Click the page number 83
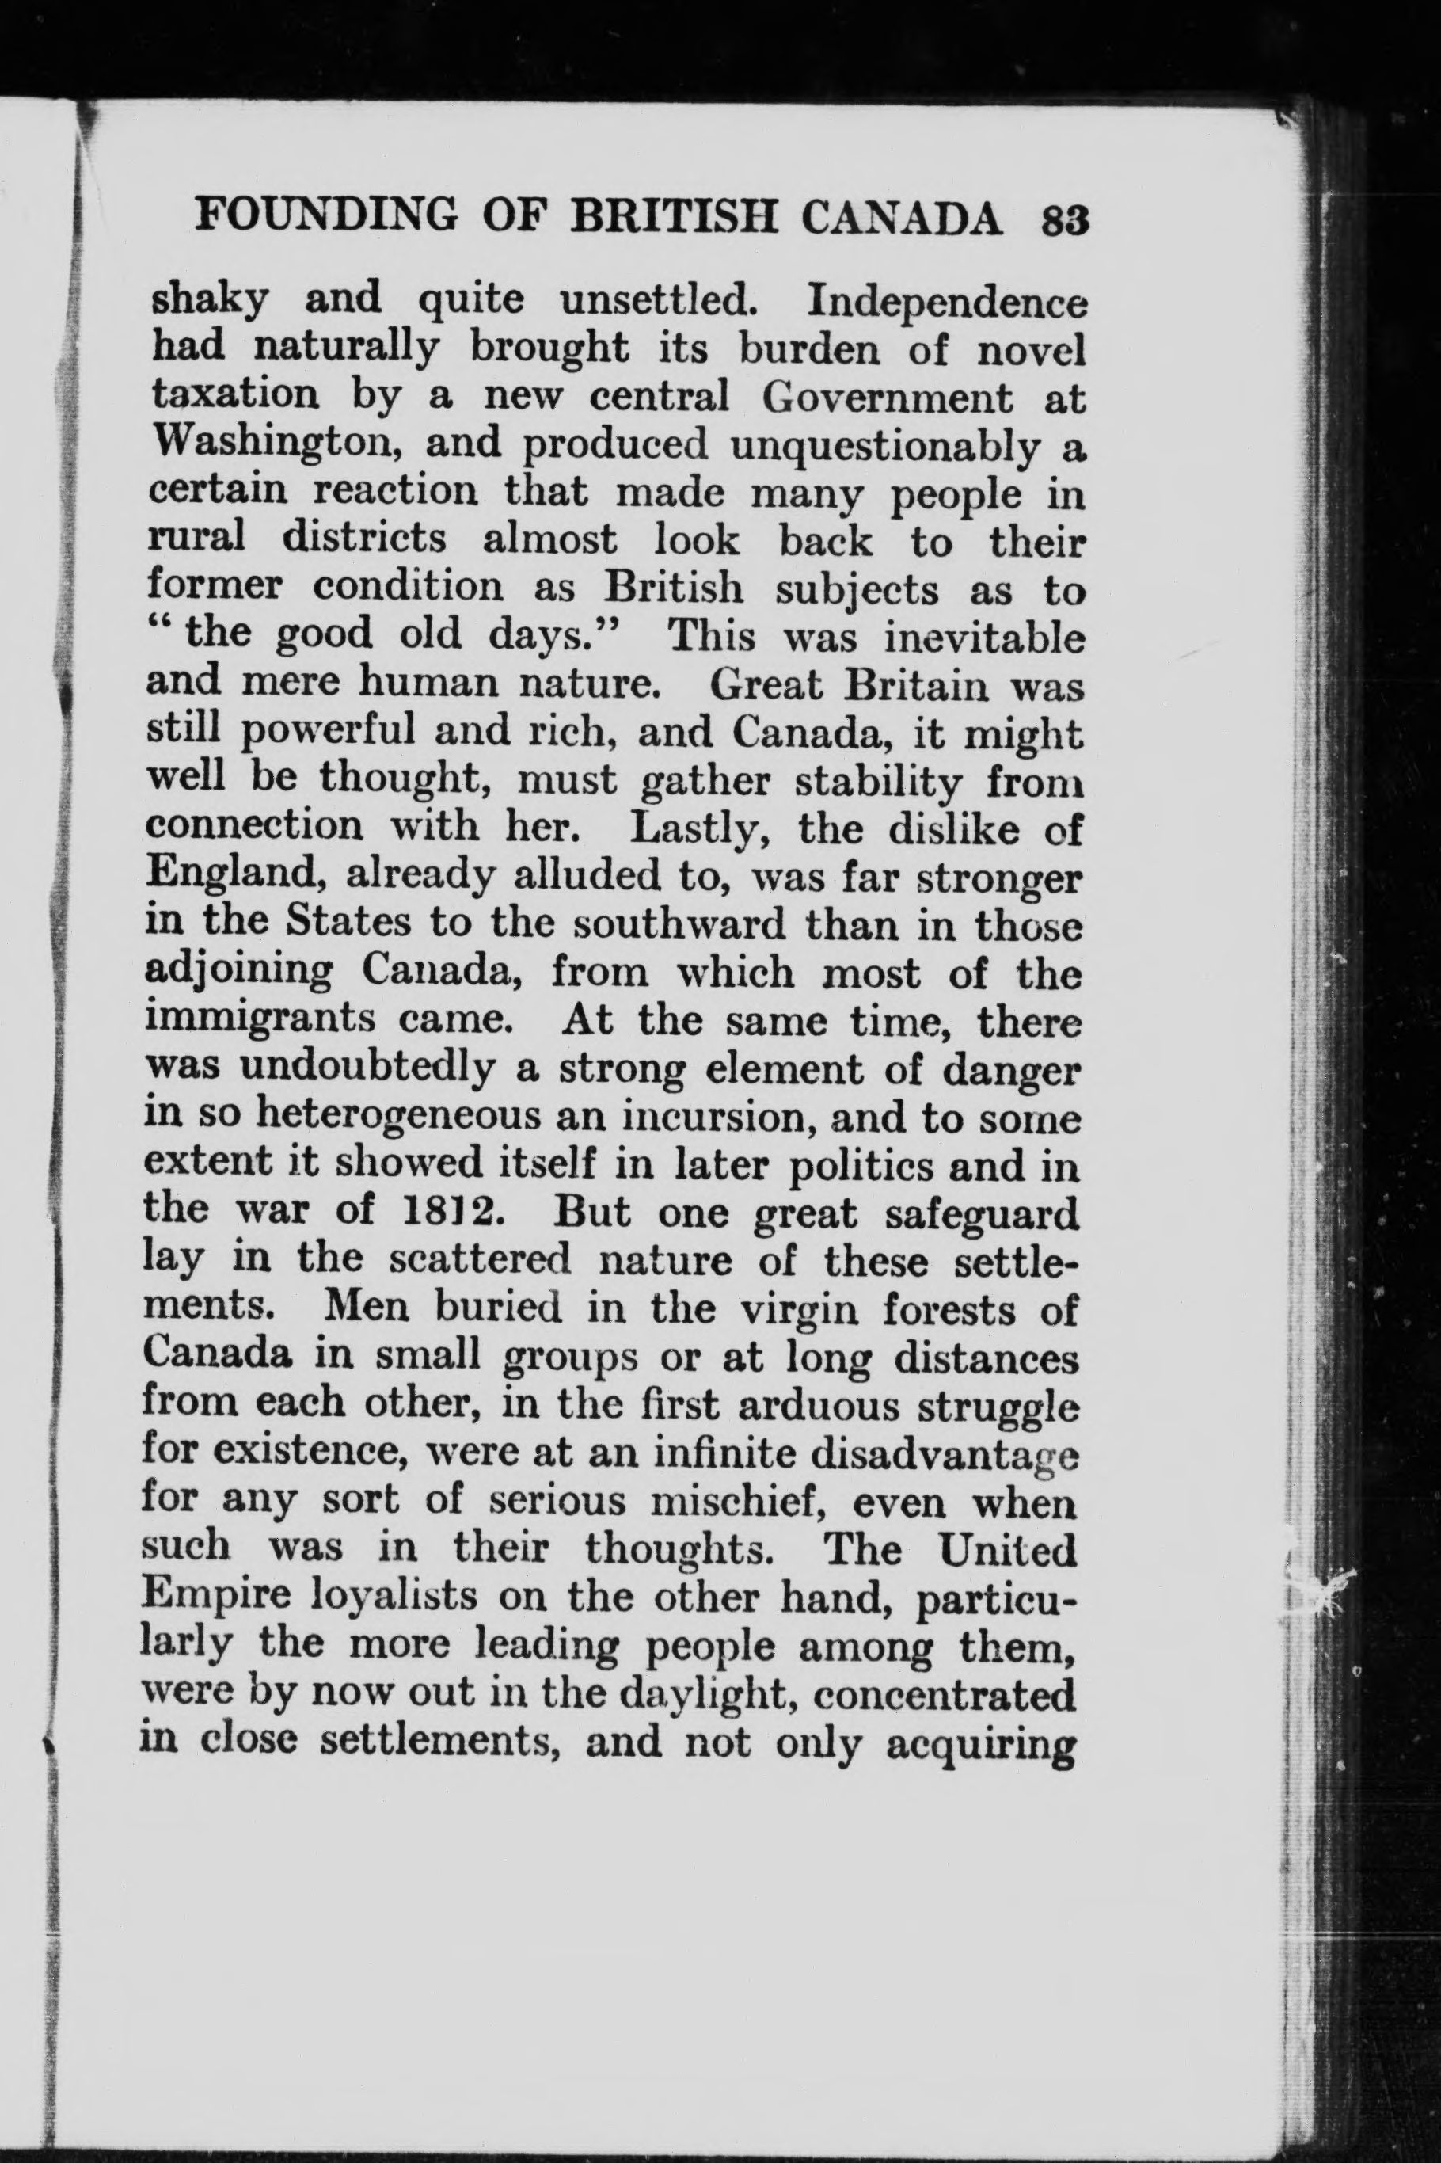[x=1065, y=222]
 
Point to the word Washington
[x=276, y=446]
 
